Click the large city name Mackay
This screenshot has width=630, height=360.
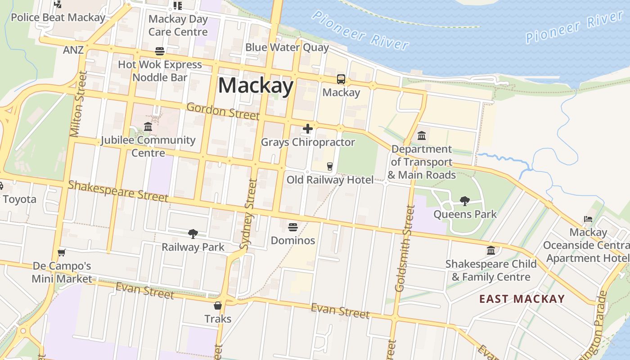(x=256, y=85)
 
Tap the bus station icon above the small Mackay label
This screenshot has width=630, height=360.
(x=341, y=80)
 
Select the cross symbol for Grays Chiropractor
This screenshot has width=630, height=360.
(x=308, y=129)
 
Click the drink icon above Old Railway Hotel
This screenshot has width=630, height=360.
(x=330, y=166)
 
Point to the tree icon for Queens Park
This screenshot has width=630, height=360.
(x=465, y=201)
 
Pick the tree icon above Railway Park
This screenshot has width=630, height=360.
(x=193, y=234)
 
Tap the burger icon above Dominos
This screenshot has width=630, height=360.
(x=293, y=227)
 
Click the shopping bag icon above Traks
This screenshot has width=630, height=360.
(x=218, y=306)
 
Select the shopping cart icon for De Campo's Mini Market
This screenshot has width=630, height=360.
(x=62, y=252)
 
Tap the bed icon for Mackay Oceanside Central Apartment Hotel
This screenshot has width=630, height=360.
(x=588, y=219)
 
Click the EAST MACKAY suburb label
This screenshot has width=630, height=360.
(x=522, y=299)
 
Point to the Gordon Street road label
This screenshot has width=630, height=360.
(x=223, y=111)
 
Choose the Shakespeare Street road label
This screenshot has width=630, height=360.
(x=118, y=191)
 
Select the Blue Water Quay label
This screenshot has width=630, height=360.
(x=287, y=47)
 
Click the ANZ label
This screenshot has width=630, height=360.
(x=73, y=49)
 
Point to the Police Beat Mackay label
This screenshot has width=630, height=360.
(x=58, y=18)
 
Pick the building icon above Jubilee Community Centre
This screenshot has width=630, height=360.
(x=148, y=127)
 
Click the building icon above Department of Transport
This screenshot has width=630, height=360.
(x=422, y=135)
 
